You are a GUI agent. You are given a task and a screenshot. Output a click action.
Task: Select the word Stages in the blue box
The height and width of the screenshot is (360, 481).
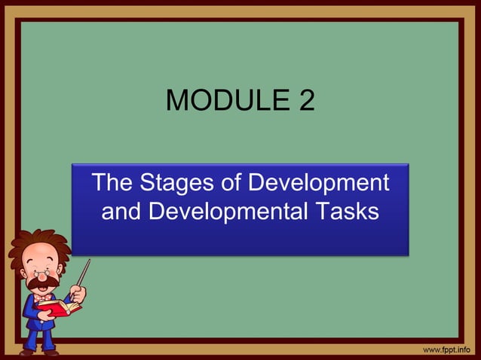170,183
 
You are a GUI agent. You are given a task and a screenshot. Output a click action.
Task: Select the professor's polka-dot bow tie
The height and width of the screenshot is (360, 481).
42,299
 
